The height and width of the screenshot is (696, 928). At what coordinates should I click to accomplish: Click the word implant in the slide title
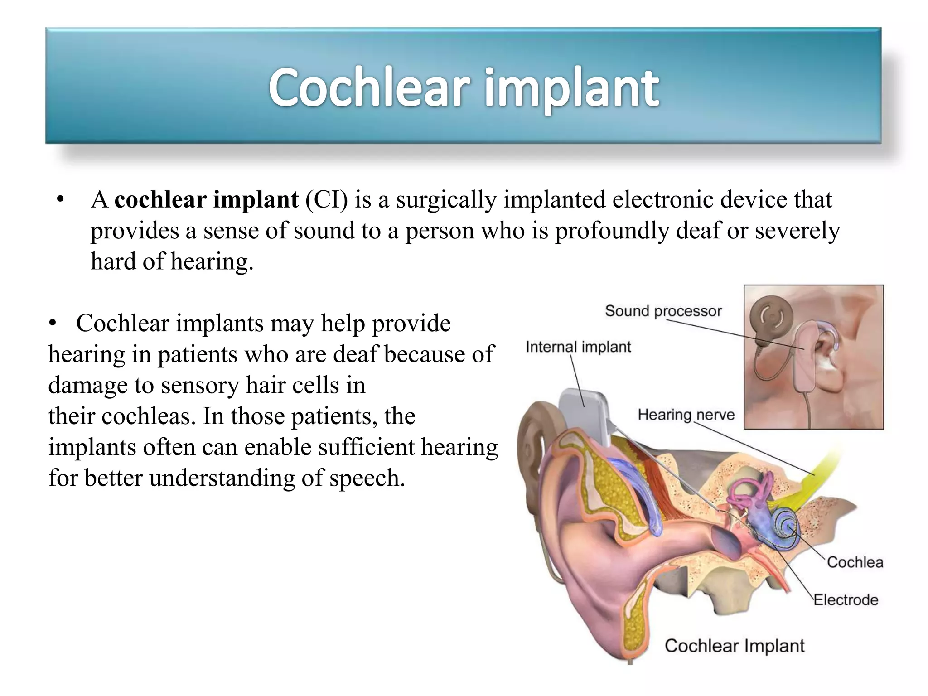coord(572,88)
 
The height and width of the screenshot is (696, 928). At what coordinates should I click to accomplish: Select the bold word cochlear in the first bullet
coord(160,200)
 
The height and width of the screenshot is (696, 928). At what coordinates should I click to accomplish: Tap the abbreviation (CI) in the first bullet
coord(326,200)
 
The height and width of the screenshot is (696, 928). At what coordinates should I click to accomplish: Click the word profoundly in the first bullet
coord(612,231)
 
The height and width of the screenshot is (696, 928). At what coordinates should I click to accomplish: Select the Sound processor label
coord(663,311)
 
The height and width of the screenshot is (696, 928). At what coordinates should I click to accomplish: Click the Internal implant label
coord(578,347)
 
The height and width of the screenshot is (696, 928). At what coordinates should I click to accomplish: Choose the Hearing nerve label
coord(686,415)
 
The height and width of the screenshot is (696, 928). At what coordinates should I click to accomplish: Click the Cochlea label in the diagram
coord(855,562)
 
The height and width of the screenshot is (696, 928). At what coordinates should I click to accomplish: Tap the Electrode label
coord(846,600)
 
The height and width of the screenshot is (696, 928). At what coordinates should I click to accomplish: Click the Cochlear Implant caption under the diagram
coord(734,646)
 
